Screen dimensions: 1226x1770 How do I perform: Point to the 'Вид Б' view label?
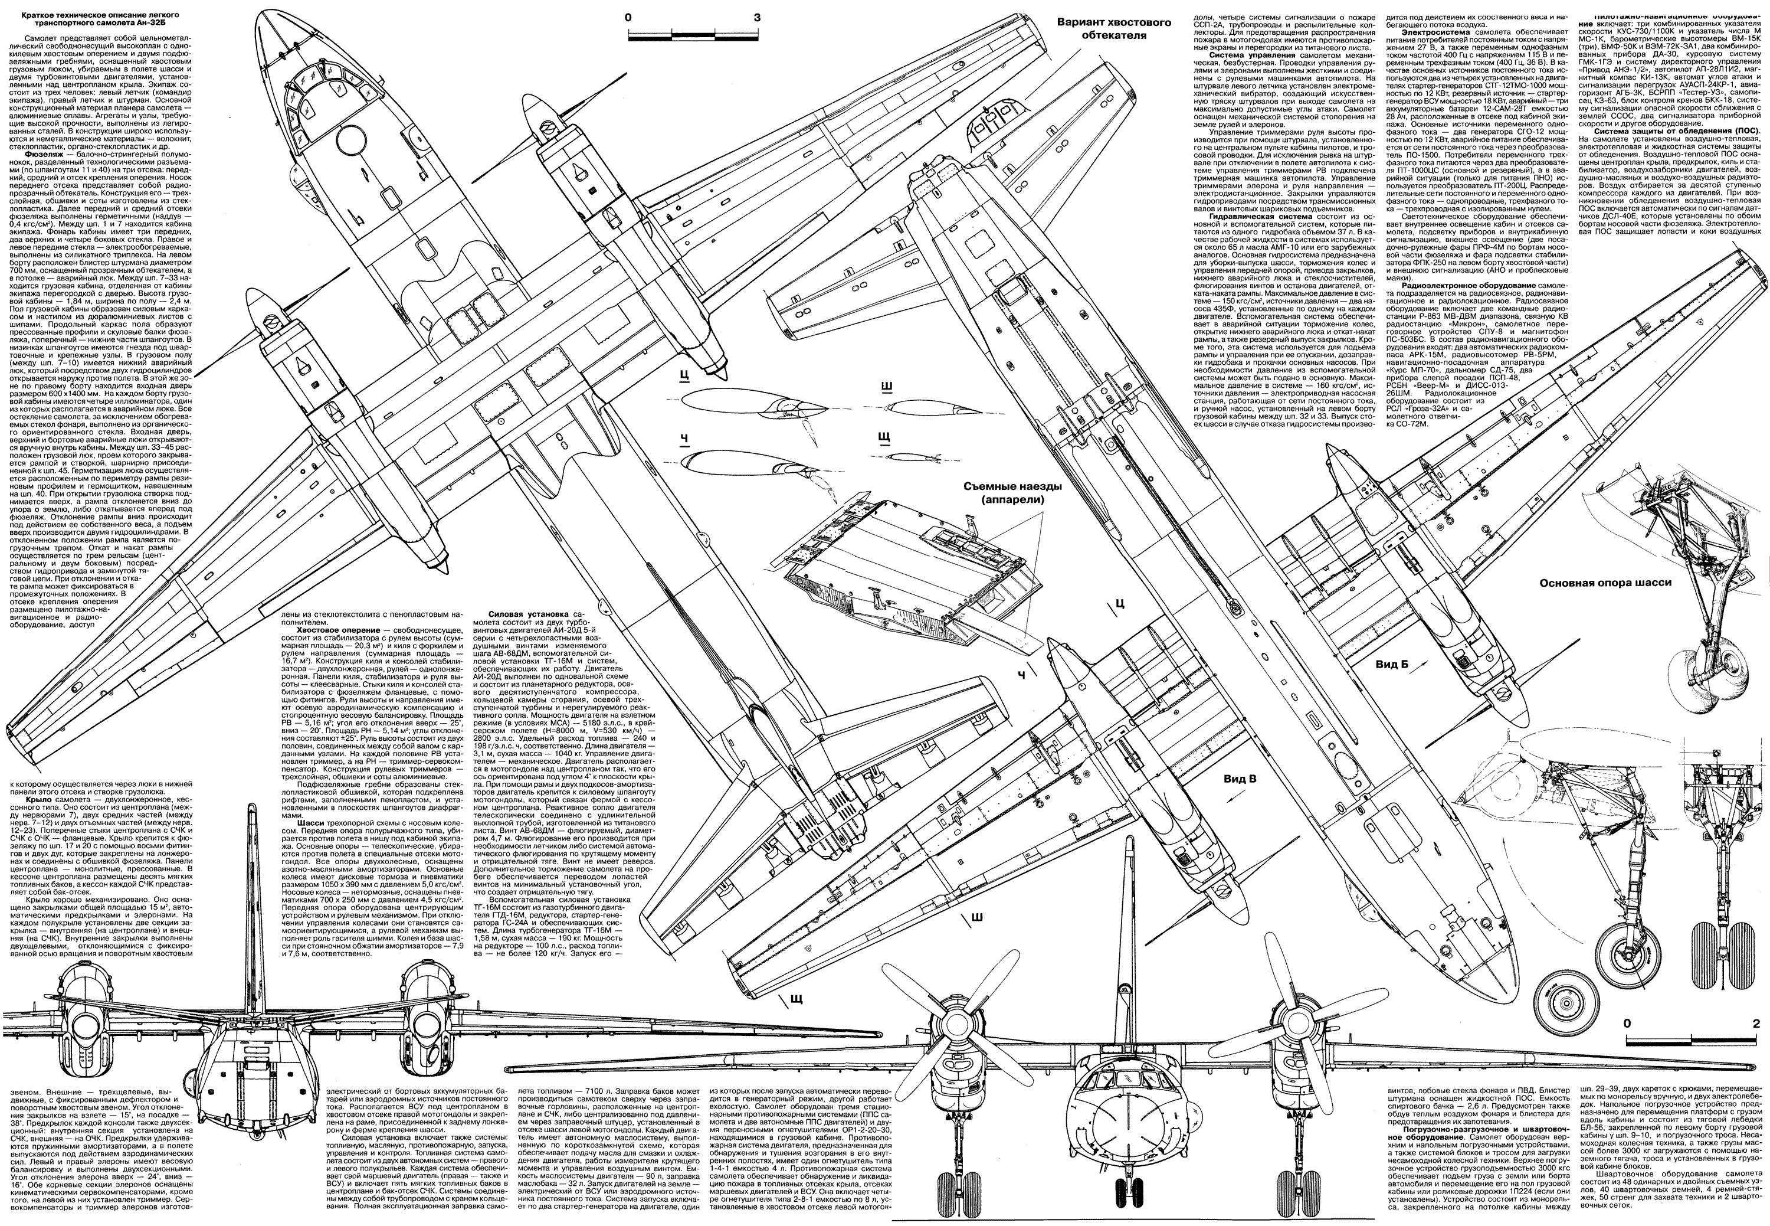click(x=1392, y=663)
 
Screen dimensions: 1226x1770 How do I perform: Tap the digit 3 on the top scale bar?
click(x=757, y=17)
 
